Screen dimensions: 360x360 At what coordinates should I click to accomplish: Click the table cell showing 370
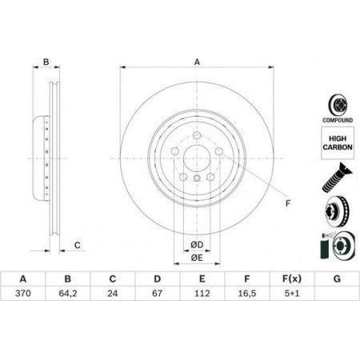[x=23, y=294]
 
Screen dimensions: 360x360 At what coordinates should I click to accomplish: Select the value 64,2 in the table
[x=68, y=294]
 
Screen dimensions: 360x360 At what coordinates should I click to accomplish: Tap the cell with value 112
[x=202, y=294]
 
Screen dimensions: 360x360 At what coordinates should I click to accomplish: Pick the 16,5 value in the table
[x=247, y=294]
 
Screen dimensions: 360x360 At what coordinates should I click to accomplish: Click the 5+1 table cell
[x=292, y=294]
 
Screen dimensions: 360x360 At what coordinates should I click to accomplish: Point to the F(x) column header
[x=292, y=279]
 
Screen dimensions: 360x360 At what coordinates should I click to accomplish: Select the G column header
[x=337, y=279]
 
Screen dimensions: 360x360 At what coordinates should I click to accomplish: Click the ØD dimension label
[x=197, y=245]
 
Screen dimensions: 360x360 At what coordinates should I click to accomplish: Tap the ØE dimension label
[x=197, y=258]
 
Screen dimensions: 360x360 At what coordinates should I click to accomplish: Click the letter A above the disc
[x=197, y=62]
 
